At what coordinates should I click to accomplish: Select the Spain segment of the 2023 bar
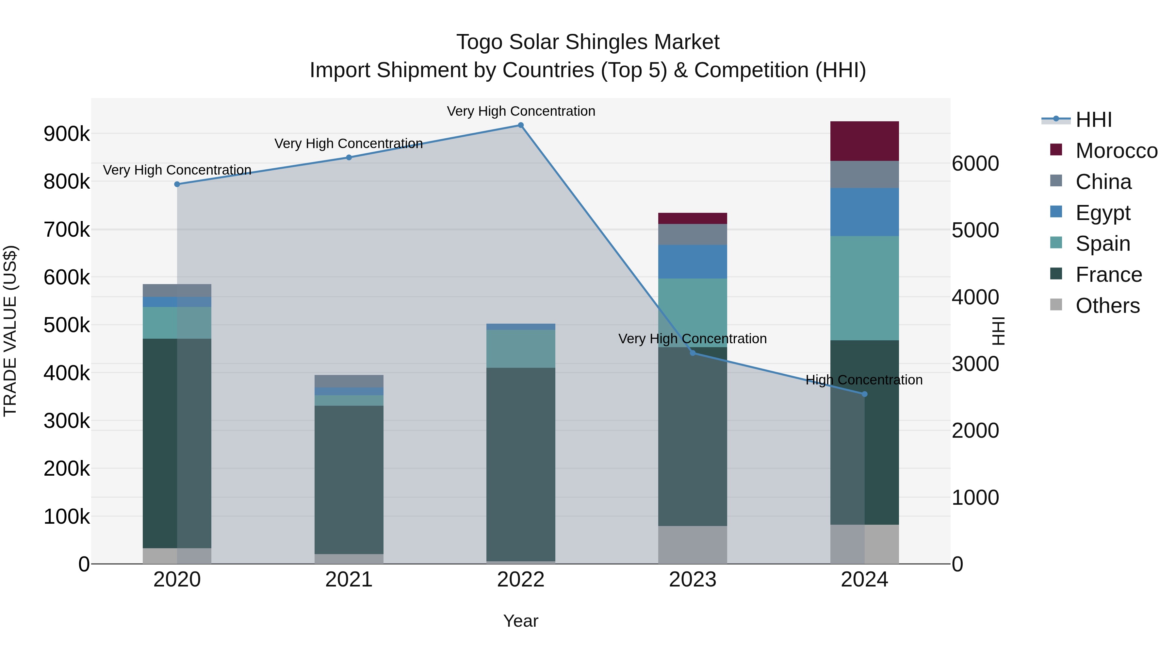(693, 313)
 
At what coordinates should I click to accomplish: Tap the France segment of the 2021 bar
(349, 480)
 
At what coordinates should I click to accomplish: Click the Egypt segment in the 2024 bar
(864, 212)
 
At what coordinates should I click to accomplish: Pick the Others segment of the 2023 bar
(693, 545)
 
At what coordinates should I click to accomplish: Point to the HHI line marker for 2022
(520, 125)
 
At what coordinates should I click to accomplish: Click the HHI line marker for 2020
(177, 184)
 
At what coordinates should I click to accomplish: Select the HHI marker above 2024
(864, 394)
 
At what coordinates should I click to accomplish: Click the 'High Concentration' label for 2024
(864, 380)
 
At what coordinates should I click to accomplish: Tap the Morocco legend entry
(1116, 151)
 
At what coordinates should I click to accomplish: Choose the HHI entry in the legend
(1093, 120)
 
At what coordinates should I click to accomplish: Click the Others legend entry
(1107, 305)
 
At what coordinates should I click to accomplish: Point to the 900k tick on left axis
(67, 134)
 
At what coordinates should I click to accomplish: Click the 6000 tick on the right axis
(975, 163)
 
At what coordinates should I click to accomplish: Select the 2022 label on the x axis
(520, 580)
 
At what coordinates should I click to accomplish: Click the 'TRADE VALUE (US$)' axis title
(10, 331)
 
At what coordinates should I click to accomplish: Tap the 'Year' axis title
(520, 621)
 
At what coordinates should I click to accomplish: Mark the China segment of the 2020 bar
(177, 291)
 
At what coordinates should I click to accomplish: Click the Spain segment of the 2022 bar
(520, 348)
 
